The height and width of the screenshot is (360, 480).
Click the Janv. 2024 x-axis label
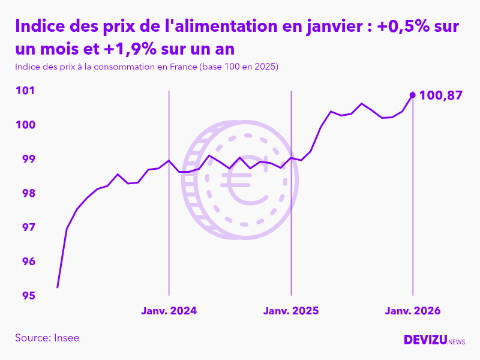click(x=169, y=311)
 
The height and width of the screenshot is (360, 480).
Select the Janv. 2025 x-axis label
click(x=291, y=311)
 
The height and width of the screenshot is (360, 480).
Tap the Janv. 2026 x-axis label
click(x=413, y=311)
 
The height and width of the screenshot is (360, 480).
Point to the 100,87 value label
click(x=441, y=95)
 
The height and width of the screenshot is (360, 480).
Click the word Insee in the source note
click(x=66, y=338)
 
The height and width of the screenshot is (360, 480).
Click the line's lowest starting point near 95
click(x=58, y=287)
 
